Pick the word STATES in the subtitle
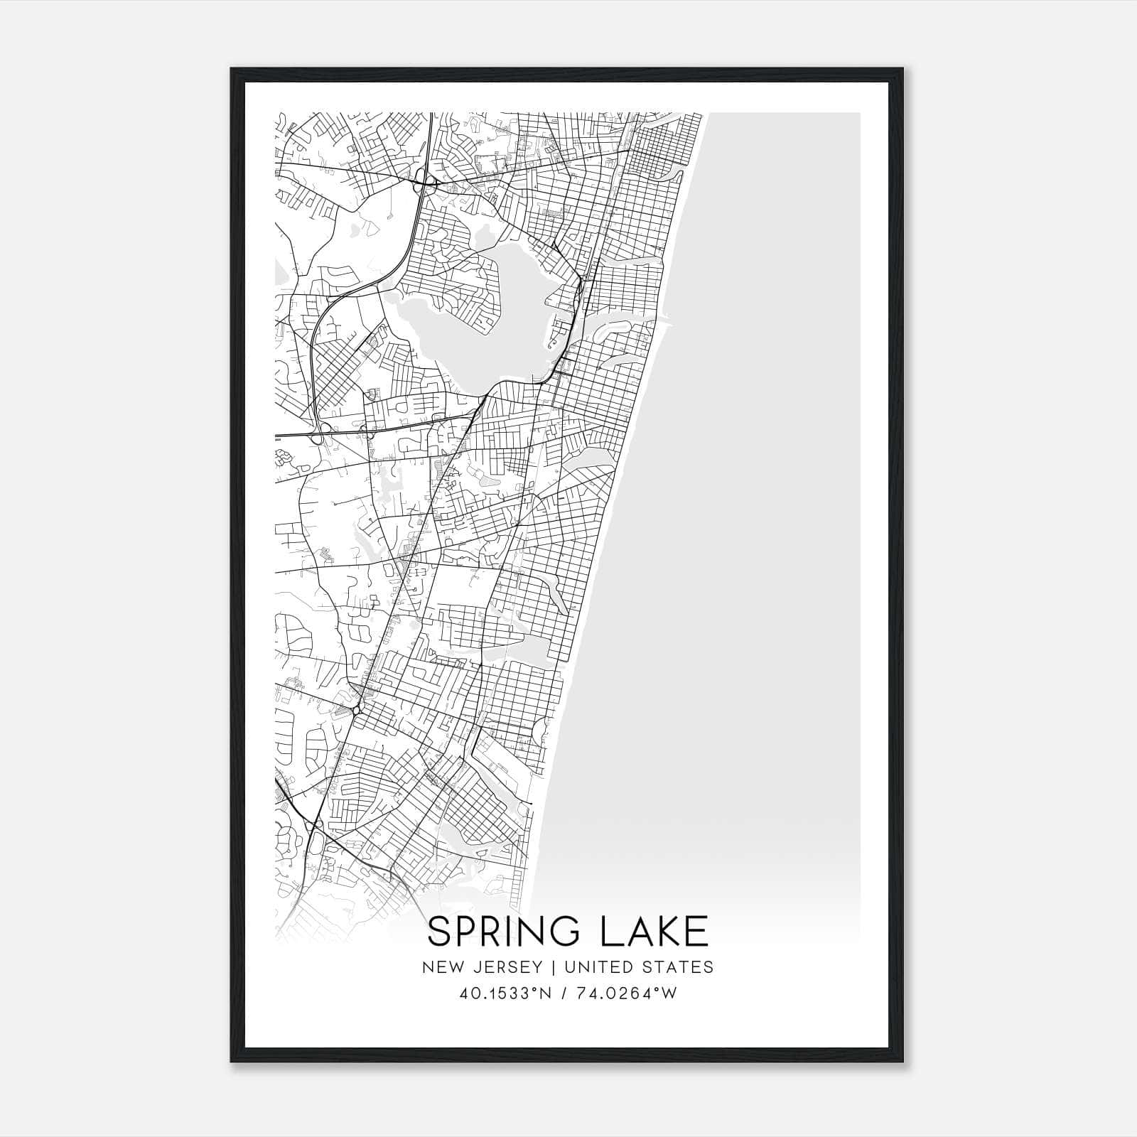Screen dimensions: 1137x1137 tap(683, 967)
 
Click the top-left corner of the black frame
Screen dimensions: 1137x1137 tap(232, 69)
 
